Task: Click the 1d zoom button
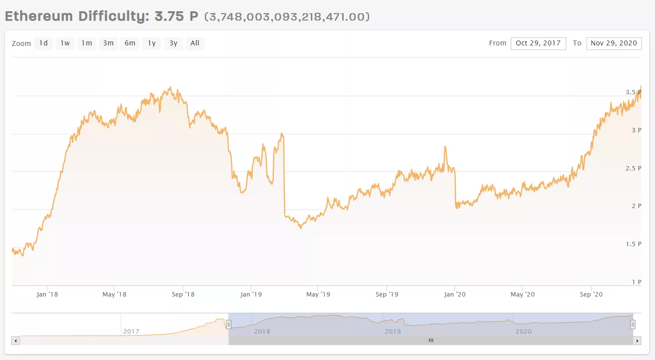click(x=44, y=43)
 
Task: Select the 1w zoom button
click(x=65, y=43)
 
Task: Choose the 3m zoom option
click(x=108, y=43)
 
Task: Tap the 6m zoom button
click(x=130, y=43)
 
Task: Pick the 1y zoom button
click(x=152, y=43)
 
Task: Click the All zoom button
click(x=195, y=43)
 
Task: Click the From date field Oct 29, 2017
click(x=538, y=43)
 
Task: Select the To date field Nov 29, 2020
click(x=613, y=43)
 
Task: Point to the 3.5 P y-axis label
click(x=633, y=92)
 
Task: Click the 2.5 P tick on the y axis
click(x=633, y=169)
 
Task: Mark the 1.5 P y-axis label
click(x=633, y=244)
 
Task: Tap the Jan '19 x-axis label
click(x=251, y=294)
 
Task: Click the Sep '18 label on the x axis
click(x=183, y=294)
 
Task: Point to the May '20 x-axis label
click(x=523, y=294)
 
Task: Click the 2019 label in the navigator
click(x=393, y=331)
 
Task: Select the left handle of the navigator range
click(x=228, y=324)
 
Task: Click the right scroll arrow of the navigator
click(x=636, y=340)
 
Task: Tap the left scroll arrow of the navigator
click(x=16, y=340)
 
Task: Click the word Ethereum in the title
click(x=39, y=16)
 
